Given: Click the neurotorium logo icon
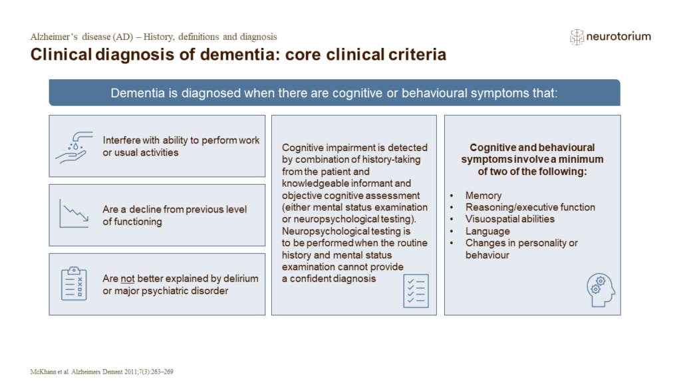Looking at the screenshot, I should point(577,37).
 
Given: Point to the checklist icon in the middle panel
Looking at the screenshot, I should point(416,291).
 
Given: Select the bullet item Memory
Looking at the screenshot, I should point(483,195).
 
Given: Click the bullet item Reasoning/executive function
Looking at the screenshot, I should point(521,207).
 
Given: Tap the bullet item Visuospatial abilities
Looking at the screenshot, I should point(509,219).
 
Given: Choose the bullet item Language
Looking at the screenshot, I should point(487,231).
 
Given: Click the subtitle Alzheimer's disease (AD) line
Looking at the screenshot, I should point(154,37).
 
